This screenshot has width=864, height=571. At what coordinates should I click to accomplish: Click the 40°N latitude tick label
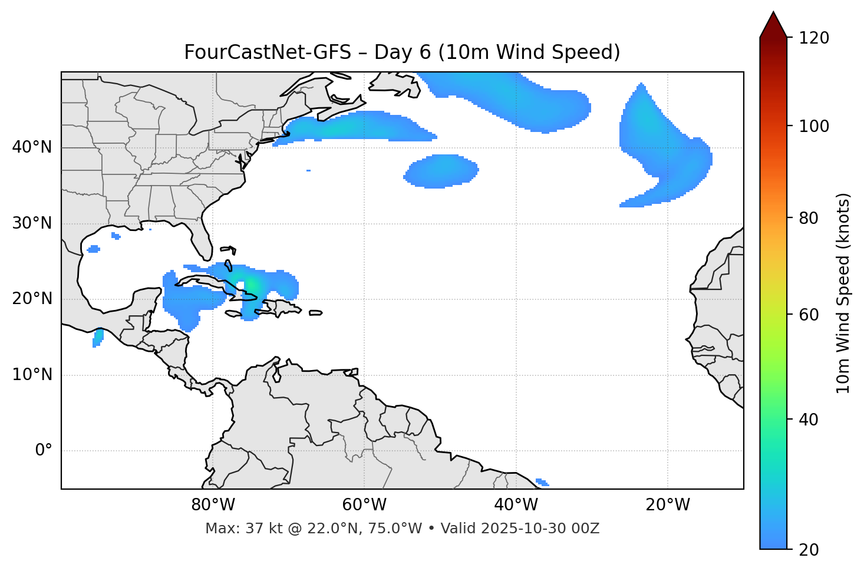pos(32,147)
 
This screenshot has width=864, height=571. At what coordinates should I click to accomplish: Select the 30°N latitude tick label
pos(32,223)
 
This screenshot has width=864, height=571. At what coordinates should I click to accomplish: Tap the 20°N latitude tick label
pos(32,299)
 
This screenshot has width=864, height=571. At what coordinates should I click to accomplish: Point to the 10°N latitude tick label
pos(32,375)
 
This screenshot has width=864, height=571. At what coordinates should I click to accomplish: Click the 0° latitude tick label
pos(44,451)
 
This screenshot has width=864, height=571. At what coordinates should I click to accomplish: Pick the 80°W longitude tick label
pos(213,505)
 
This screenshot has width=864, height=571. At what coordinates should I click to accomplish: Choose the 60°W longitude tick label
pos(364,505)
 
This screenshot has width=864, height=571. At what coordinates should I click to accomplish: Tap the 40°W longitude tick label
pos(516,505)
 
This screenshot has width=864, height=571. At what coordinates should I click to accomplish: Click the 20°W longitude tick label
pos(668,505)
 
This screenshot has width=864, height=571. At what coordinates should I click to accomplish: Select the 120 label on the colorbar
pos(814,38)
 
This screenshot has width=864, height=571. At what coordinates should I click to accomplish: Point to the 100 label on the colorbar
pos(814,126)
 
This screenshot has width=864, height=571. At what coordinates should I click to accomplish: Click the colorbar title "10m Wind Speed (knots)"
pos(843,293)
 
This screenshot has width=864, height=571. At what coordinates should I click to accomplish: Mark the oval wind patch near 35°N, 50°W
pos(441,171)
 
